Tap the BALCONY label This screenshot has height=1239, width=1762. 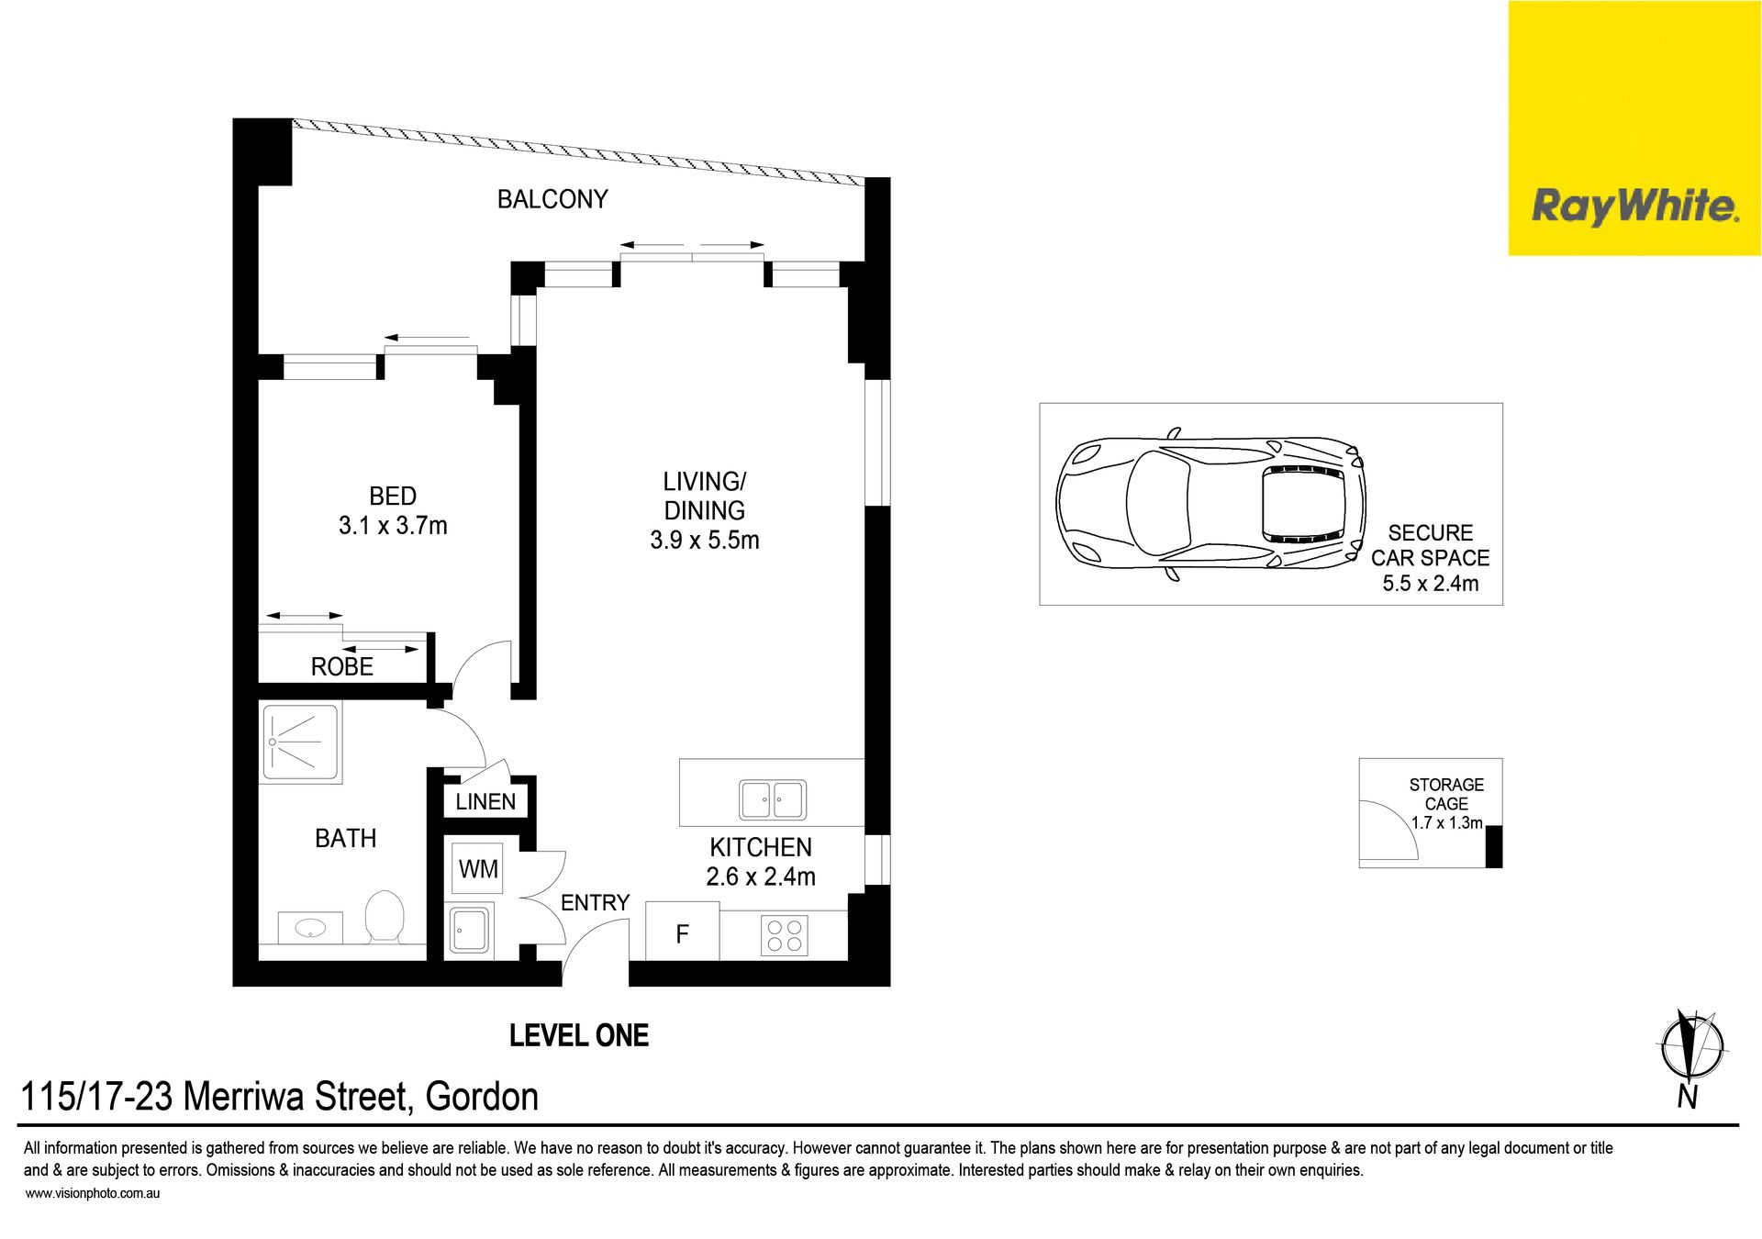point(552,199)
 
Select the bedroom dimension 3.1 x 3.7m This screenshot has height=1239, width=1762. point(393,526)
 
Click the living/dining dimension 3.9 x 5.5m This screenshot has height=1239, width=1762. point(705,541)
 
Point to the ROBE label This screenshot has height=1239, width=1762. point(342,667)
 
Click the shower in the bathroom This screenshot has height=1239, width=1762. point(301,742)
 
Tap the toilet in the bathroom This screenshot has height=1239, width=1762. point(385,916)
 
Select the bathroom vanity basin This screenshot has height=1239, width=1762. point(310,928)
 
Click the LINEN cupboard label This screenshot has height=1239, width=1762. point(485,802)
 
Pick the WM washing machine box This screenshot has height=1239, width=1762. point(477,868)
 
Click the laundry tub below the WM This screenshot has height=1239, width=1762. point(471,930)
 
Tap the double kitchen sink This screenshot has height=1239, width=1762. point(773,799)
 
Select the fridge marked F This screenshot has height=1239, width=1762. point(683,934)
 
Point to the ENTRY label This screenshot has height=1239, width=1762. point(595,903)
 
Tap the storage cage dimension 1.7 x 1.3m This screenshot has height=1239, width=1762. point(1447,823)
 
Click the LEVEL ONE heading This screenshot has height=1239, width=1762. point(579,1036)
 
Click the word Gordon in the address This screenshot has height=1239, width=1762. point(482,1097)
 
